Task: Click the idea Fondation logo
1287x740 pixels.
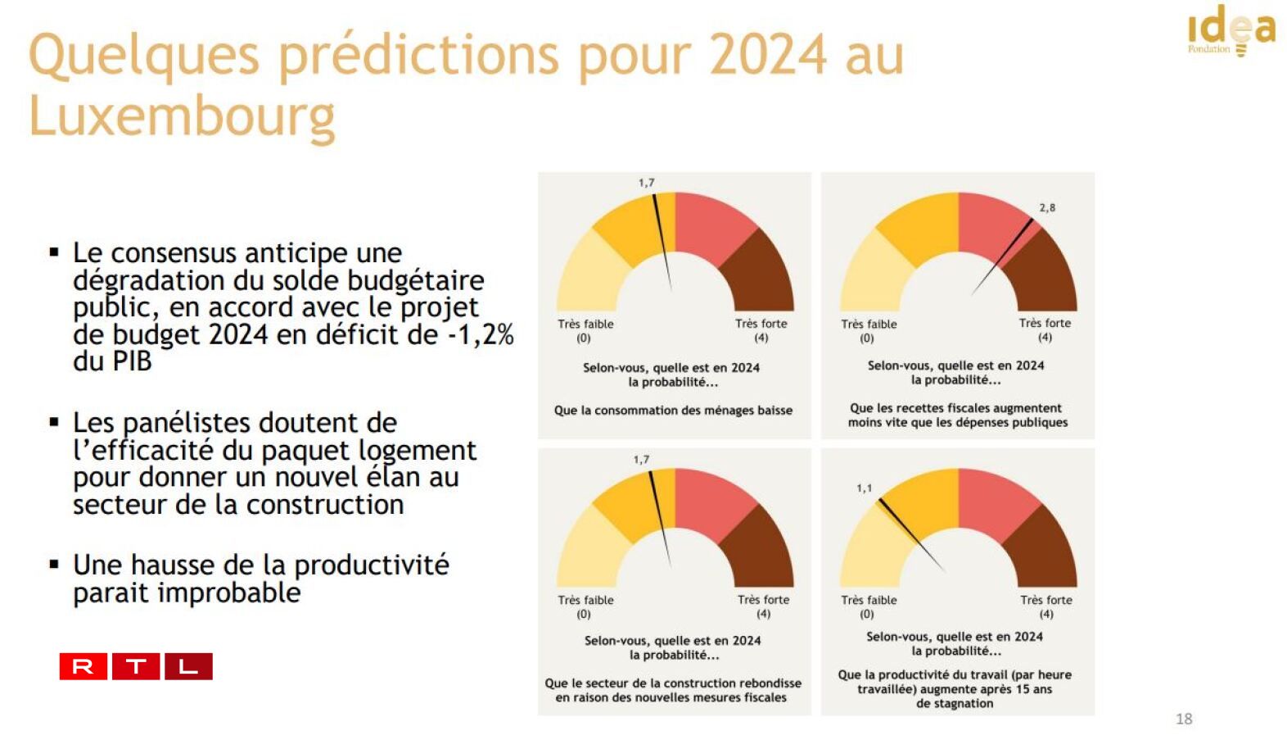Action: tap(1231, 31)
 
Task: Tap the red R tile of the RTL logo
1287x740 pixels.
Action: tap(83, 666)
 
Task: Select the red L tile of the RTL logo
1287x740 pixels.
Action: tap(188, 666)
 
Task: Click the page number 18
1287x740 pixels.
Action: tap(1183, 719)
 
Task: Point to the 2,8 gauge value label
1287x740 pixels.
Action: tap(1047, 208)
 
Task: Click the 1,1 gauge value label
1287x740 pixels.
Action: tap(864, 488)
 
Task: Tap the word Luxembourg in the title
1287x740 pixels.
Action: tap(182, 116)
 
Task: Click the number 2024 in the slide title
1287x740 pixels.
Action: tap(767, 56)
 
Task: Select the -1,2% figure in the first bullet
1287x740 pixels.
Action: tap(481, 334)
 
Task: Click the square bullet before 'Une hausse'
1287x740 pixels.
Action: tap(54, 564)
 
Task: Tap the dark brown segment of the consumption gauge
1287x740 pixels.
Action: tap(761, 270)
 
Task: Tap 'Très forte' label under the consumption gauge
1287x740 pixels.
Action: tap(761, 324)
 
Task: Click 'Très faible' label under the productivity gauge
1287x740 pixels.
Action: tap(869, 600)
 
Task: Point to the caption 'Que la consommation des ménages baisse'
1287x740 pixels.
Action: tap(673, 411)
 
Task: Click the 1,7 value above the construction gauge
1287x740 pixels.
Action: tap(641, 460)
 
